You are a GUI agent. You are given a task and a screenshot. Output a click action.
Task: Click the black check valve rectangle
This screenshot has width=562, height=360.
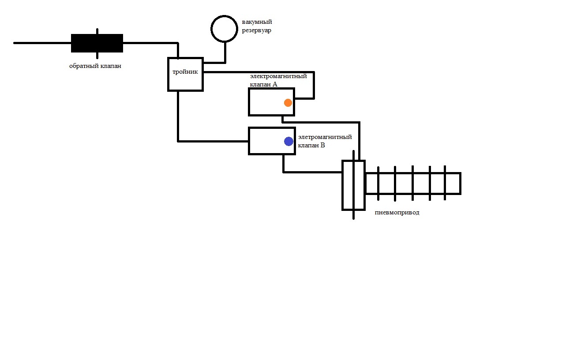coord(97,43)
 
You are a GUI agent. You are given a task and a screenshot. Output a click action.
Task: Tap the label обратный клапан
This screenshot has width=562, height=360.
coord(95,66)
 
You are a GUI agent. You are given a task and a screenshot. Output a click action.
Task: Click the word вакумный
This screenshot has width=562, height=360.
coord(257,22)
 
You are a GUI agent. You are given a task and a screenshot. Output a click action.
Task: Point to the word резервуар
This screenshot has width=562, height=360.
coord(256,30)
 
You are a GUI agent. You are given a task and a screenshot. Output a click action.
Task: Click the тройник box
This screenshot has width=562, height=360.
coord(185,74)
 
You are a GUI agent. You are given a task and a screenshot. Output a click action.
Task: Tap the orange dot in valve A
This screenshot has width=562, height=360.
coord(288,103)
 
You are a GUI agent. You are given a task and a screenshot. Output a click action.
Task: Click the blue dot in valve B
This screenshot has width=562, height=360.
coord(288,141)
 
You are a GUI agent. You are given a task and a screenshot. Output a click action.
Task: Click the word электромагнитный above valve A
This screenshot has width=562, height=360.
coord(278,76)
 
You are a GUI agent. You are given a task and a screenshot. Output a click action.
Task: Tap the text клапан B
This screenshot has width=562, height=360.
coord(311,145)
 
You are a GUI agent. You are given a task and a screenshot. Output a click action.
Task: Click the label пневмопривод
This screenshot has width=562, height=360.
coord(397,213)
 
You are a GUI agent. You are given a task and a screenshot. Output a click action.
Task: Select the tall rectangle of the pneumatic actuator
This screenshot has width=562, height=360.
coord(353,185)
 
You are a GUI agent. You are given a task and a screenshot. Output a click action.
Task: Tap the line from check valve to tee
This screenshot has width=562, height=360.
coord(150,43)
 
